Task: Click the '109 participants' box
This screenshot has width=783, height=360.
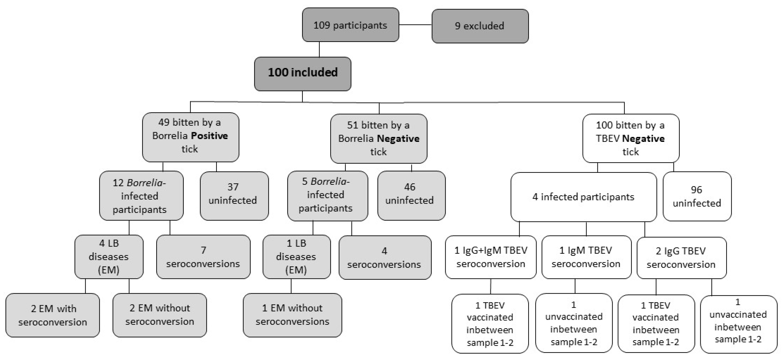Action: (350, 25)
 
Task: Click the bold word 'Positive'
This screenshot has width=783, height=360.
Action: (209, 136)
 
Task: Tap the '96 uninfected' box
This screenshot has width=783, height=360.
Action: (697, 196)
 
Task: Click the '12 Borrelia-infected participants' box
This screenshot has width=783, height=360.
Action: (141, 196)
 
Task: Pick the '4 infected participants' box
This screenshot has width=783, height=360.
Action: (583, 197)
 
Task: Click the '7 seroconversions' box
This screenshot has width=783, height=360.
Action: (203, 257)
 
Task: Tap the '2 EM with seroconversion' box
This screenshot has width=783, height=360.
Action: (52, 315)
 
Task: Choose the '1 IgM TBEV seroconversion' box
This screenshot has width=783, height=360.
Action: (586, 257)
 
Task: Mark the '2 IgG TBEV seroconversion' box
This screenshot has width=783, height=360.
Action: (681, 258)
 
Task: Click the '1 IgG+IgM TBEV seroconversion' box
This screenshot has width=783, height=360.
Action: (490, 257)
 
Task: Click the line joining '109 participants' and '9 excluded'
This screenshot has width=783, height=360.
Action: (415, 25)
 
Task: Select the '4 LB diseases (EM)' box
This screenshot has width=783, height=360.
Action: (109, 257)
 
